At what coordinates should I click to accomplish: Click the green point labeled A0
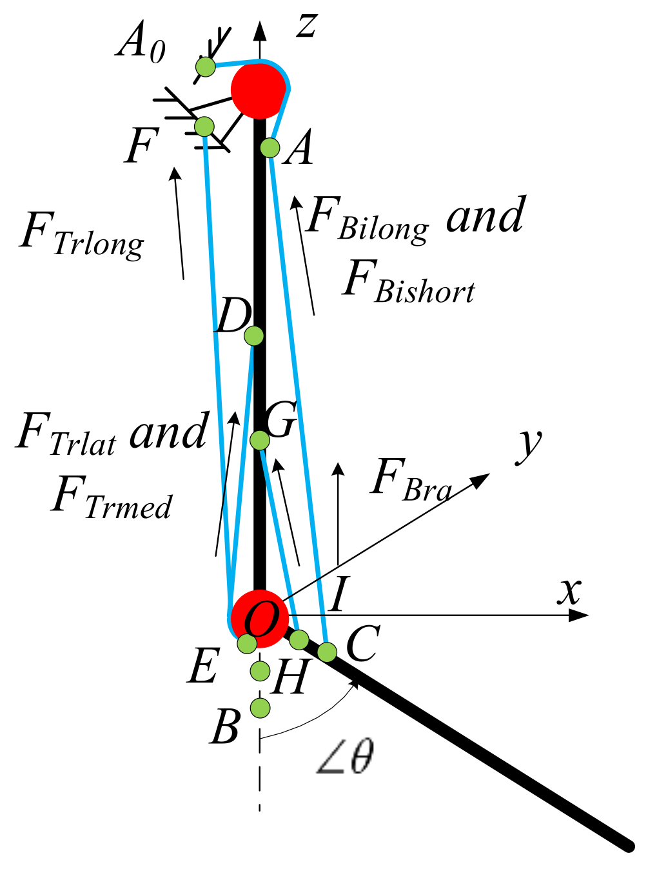tap(205, 66)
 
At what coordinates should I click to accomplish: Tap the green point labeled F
tap(204, 126)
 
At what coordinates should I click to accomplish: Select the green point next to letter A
tap(270, 148)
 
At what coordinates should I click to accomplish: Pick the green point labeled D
tap(254, 335)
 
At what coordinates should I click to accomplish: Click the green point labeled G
tap(259, 440)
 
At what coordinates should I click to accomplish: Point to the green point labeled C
tap(328, 652)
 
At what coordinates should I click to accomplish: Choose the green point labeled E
tap(247, 643)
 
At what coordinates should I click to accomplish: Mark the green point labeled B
tap(260, 708)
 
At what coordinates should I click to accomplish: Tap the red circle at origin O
tap(259, 618)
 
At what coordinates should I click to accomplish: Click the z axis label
tap(307, 26)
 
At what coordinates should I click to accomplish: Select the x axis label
tap(569, 590)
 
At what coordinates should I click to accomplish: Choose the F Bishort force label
tap(408, 284)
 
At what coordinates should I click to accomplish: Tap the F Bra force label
tap(411, 481)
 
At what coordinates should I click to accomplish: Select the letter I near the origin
tap(337, 594)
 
